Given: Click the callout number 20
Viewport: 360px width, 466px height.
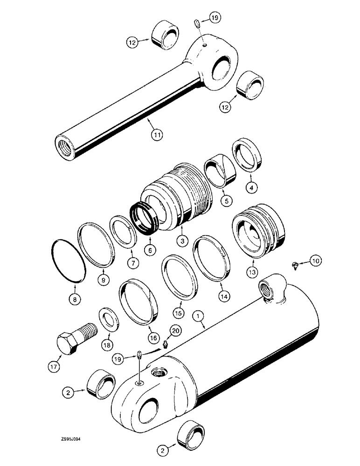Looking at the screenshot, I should pos(174,330).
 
